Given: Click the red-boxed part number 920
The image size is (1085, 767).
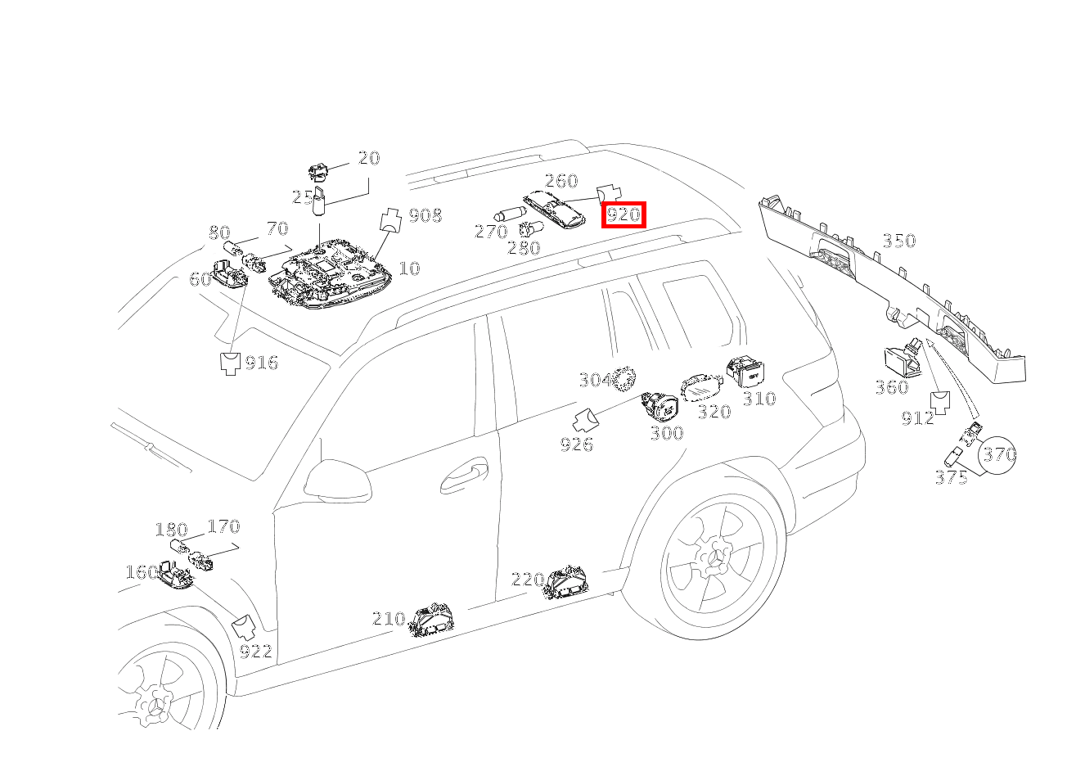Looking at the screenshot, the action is (624, 214).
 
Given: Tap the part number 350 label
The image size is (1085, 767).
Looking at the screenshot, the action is (899, 241).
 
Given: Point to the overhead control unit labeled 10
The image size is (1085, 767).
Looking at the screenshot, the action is (331, 273).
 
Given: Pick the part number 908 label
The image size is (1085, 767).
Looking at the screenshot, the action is (425, 215).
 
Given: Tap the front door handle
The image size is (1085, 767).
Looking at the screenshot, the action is (464, 475).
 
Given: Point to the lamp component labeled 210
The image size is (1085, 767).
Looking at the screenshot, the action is (431, 620).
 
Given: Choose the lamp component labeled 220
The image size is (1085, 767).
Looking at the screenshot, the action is (565, 582).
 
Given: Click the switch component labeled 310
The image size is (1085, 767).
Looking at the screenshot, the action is (745, 372).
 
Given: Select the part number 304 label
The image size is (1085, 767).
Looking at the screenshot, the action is (597, 380).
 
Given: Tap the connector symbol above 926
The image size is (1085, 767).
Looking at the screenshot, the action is (586, 420).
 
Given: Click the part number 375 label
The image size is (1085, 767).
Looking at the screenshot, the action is (952, 478).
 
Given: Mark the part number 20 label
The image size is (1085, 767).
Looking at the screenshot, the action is (369, 158).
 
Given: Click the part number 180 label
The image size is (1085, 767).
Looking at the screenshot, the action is (172, 530).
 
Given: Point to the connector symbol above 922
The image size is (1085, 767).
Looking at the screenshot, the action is (244, 628).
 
